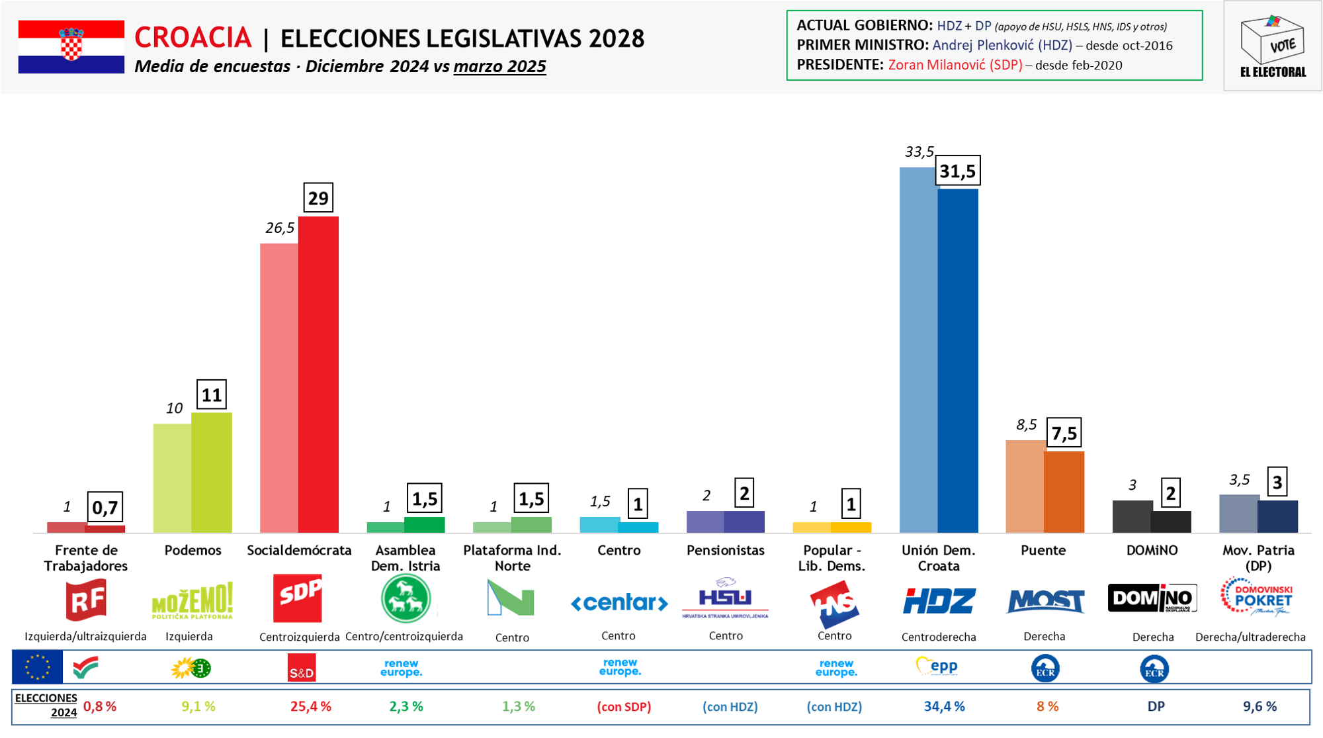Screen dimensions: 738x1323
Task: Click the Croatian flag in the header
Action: (71, 46)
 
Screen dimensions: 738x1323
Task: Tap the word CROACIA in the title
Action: (192, 38)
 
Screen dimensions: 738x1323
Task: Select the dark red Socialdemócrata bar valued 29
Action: (318, 374)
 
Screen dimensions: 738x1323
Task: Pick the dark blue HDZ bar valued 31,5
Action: (958, 361)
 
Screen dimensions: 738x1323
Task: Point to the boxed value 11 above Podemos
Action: (212, 395)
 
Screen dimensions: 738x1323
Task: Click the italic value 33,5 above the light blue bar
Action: (919, 152)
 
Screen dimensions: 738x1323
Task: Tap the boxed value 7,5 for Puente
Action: (1064, 434)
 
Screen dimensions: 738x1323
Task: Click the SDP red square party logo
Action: (298, 598)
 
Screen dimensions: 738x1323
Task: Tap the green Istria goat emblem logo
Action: (405, 599)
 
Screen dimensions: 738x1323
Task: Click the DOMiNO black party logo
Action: (1152, 598)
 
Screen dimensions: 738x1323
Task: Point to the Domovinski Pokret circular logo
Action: (1256, 597)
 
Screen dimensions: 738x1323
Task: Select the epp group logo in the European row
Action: (937, 667)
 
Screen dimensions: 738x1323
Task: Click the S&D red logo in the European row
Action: (302, 668)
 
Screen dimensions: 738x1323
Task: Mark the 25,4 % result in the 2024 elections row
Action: (310, 707)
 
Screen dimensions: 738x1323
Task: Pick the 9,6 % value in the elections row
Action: (1259, 707)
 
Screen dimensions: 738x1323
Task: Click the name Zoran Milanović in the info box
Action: (955, 65)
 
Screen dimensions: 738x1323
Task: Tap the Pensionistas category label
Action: (725, 551)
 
